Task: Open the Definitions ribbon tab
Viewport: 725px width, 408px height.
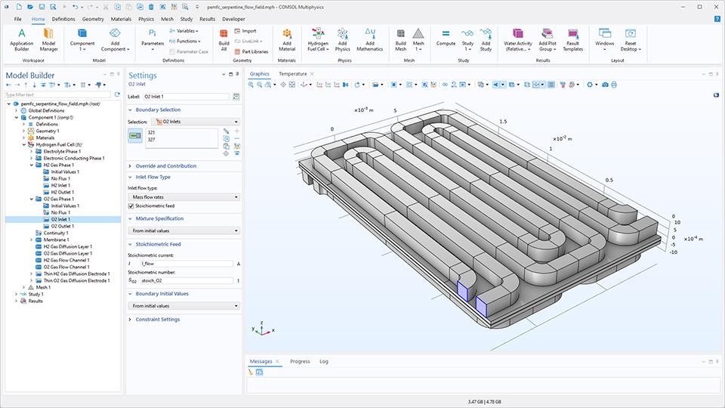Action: pos(63,18)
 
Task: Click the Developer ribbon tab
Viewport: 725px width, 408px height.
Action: pos(233,18)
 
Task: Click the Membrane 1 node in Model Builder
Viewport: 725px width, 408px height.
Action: pos(57,240)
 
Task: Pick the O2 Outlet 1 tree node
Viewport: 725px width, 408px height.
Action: pos(62,226)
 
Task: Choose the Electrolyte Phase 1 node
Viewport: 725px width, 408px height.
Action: pos(62,151)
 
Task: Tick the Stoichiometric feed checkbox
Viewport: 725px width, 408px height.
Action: pos(131,206)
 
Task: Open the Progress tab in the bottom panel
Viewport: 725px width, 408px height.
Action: pos(300,362)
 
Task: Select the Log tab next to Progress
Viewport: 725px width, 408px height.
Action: pos(324,362)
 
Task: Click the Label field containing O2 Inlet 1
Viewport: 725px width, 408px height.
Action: pos(186,97)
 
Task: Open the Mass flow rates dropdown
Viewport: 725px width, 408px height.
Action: pos(184,196)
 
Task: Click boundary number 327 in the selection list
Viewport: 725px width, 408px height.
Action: pos(152,140)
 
